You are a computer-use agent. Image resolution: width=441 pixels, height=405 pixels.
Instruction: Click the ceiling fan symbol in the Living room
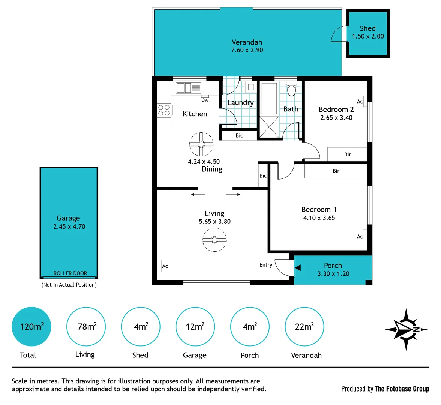(214, 240)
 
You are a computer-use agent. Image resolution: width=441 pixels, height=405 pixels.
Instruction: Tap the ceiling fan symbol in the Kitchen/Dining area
(201, 144)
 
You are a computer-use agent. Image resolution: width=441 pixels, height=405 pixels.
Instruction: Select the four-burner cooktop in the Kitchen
(164, 110)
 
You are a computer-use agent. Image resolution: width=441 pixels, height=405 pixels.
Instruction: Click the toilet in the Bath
(292, 90)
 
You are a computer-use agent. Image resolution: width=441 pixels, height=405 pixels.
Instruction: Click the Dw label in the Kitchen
(205, 100)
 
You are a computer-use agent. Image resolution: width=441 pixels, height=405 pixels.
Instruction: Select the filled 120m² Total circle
(31, 327)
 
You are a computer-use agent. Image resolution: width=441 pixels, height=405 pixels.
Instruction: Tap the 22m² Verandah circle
(304, 327)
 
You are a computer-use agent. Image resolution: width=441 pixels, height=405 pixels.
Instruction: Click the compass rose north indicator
(406, 329)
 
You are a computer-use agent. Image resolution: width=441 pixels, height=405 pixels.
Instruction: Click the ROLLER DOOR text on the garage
(70, 273)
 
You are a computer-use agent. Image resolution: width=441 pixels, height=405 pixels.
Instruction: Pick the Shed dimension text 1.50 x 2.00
(368, 36)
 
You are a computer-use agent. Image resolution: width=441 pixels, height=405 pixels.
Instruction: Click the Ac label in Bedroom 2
(360, 102)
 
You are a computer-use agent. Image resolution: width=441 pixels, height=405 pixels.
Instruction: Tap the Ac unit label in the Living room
(165, 266)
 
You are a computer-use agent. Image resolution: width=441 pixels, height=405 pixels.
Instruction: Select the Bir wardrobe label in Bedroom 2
(348, 154)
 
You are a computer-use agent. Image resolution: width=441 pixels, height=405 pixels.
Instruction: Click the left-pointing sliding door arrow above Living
(198, 195)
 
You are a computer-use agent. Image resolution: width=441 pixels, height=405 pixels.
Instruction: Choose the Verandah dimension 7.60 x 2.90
(247, 50)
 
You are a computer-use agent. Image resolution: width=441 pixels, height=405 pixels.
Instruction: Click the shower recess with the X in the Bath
(269, 127)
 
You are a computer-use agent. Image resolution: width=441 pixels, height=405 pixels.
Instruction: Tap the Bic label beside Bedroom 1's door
(263, 175)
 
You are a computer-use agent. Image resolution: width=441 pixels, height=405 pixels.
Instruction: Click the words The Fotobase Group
(402, 388)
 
